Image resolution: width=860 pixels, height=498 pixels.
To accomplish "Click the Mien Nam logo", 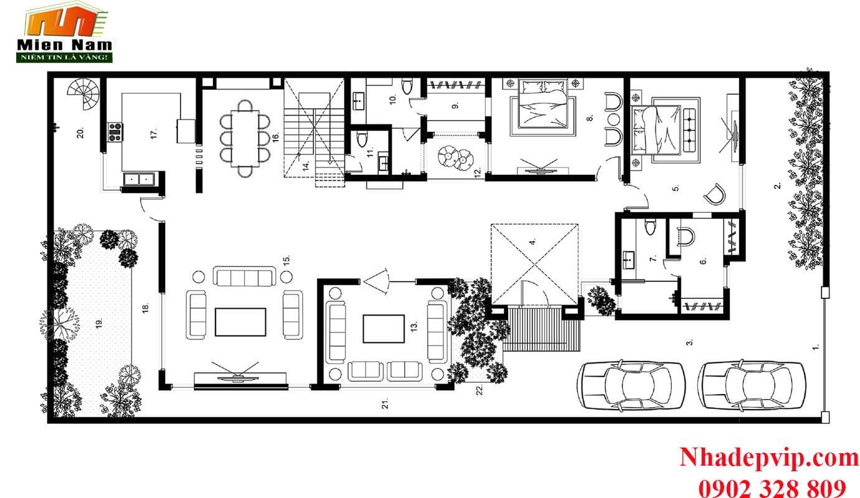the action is [x=65, y=32].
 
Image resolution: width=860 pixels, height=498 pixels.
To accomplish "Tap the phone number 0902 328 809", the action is [x=772, y=488].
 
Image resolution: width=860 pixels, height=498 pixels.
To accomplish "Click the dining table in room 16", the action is [x=245, y=138].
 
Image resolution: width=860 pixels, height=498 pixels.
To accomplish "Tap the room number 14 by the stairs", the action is [x=306, y=166].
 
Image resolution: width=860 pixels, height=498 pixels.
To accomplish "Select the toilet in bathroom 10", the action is [x=407, y=87].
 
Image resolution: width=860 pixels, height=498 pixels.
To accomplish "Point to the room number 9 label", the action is [x=456, y=105].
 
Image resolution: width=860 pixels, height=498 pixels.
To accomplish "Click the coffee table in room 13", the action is [x=384, y=329].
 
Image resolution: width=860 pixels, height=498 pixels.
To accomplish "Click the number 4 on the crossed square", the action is [x=532, y=242].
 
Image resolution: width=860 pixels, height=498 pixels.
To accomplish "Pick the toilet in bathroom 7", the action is [x=650, y=227].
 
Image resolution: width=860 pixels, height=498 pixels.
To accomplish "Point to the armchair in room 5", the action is [x=715, y=194].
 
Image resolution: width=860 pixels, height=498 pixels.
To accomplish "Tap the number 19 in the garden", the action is [x=99, y=324].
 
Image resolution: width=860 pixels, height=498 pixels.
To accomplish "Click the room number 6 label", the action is [x=703, y=261].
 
